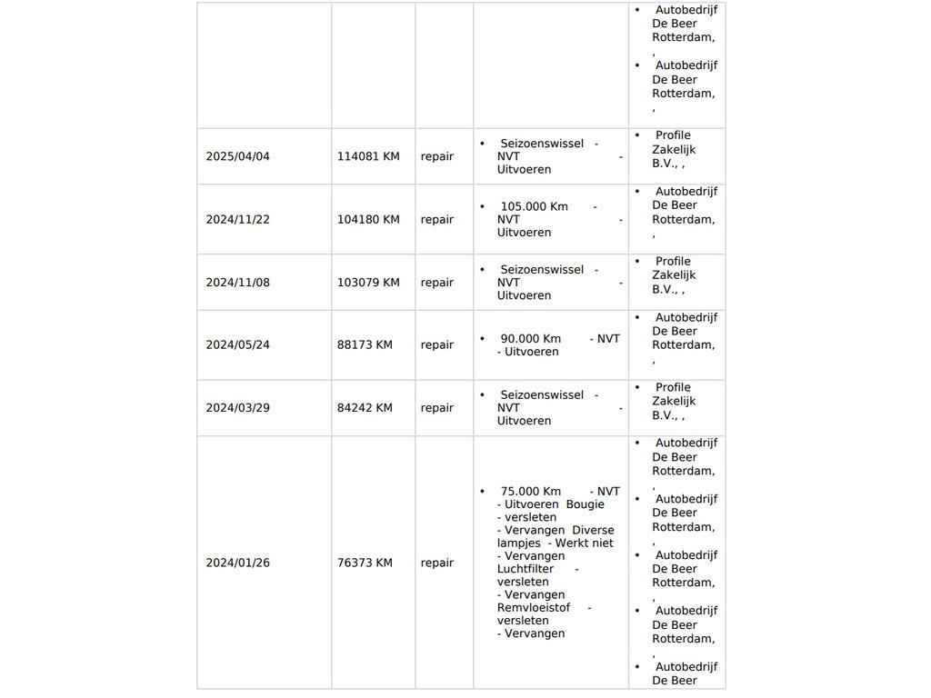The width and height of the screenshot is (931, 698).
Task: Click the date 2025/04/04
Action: (237, 156)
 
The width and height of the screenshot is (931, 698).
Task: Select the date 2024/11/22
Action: (237, 219)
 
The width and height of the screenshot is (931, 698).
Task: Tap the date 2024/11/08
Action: (237, 283)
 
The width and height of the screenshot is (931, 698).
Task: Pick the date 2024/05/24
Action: (237, 344)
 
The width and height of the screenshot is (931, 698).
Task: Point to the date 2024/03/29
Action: (237, 407)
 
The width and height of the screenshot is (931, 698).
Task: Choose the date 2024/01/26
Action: (237, 563)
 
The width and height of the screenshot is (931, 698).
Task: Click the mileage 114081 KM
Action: (368, 156)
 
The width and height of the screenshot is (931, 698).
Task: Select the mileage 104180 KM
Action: (368, 219)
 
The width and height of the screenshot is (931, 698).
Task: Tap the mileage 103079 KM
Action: (368, 283)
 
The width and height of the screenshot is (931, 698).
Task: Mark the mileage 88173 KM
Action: (365, 344)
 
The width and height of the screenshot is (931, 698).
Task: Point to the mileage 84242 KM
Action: (365, 407)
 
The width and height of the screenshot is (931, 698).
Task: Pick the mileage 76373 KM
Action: (365, 563)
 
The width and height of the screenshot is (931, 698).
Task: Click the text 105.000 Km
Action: (534, 206)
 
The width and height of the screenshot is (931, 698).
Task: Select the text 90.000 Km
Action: (530, 338)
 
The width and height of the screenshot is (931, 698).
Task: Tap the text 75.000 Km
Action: (530, 491)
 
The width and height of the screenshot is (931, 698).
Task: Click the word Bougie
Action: (585, 504)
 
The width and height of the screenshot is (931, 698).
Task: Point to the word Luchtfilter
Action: (526, 569)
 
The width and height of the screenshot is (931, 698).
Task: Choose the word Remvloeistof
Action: (534, 608)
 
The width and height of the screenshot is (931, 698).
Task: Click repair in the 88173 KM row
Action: (436, 344)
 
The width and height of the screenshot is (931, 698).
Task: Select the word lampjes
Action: (518, 543)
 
